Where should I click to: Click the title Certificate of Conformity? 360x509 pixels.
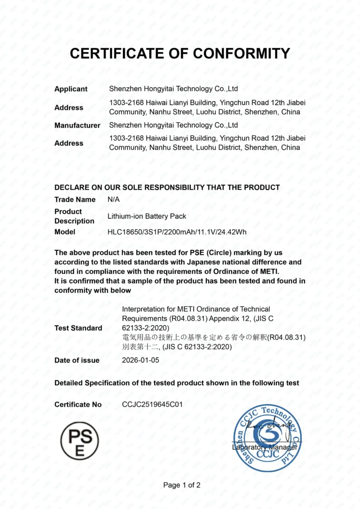click(180, 53)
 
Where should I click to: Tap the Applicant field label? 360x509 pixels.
click(71, 89)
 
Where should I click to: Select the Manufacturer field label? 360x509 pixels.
click(77, 125)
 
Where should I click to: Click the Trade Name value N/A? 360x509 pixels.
click(113, 199)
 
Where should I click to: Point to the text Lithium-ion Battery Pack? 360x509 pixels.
click(147, 217)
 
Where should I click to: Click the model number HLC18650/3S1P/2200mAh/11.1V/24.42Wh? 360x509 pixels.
click(177, 232)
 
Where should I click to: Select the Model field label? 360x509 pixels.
click(65, 232)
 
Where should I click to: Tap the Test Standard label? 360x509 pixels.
click(78, 328)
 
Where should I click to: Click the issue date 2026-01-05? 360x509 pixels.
click(141, 360)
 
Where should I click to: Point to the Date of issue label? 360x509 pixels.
click(77, 360)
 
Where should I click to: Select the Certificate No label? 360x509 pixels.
click(78, 404)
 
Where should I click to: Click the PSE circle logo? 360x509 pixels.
click(79, 441)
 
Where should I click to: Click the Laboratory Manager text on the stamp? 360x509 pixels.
click(265, 448)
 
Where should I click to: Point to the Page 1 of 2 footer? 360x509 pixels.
click(182, 485)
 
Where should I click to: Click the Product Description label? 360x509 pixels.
click(74, 216)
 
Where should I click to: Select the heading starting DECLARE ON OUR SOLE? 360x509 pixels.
click(167, 187)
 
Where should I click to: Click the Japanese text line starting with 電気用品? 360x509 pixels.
click(214, 337)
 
